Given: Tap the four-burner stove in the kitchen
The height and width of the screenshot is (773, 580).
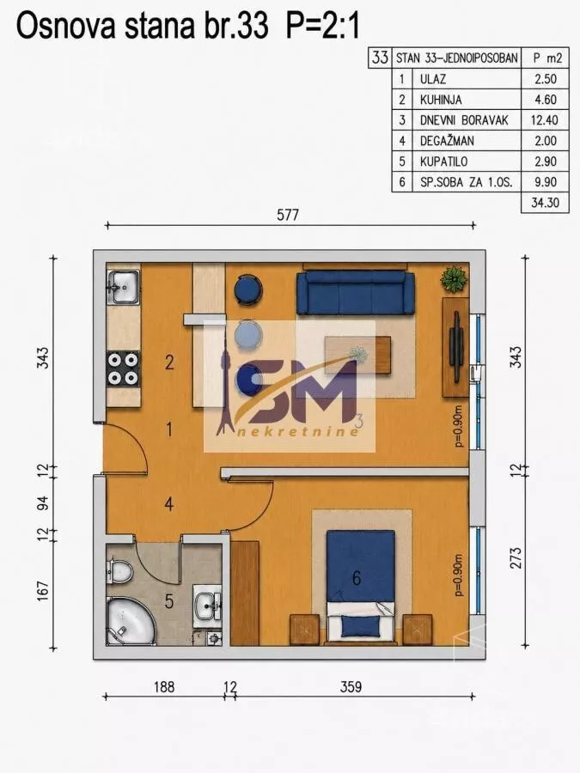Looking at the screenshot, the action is pyautogui.click(x=123, y=368).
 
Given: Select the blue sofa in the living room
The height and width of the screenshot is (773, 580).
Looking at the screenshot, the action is pyautogui.click(x=355, y=293).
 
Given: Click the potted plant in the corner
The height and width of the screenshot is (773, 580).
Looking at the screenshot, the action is pyautogui.click(x=454, y=279).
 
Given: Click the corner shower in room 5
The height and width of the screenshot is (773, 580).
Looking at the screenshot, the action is pyautogui.click(x=130, y=621).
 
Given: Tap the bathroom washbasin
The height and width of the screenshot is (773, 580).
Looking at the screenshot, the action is pyautogui.click(x=207, y=606).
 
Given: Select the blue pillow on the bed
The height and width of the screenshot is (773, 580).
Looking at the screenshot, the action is pyautogui.click(x=361, y=627).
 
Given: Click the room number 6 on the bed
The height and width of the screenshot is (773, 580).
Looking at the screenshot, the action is pyautogui.click(x=357, y=578).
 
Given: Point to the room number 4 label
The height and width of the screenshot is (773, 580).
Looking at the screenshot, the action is pyautogui.click(x=169, y=504).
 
